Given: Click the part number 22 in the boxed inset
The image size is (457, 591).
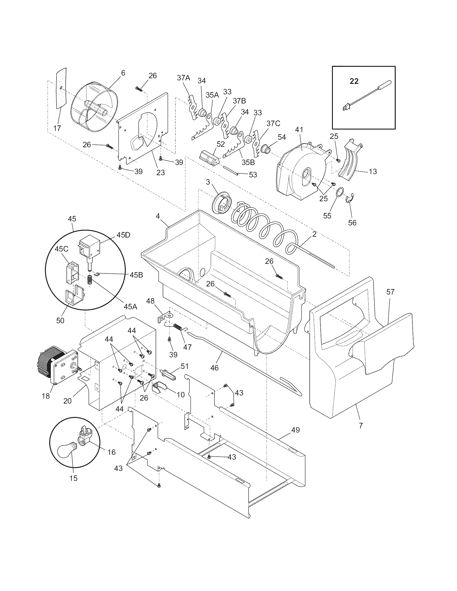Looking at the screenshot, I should click(354, 81).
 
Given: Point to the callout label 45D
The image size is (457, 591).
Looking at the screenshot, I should click(123, 235).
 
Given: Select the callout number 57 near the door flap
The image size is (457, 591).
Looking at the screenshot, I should click(390, 292).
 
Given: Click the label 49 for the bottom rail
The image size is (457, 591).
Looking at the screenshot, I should click(296, 430).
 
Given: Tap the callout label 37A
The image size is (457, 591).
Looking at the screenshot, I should click(184, 78).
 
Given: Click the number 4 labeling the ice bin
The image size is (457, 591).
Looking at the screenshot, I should click(158, 216).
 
